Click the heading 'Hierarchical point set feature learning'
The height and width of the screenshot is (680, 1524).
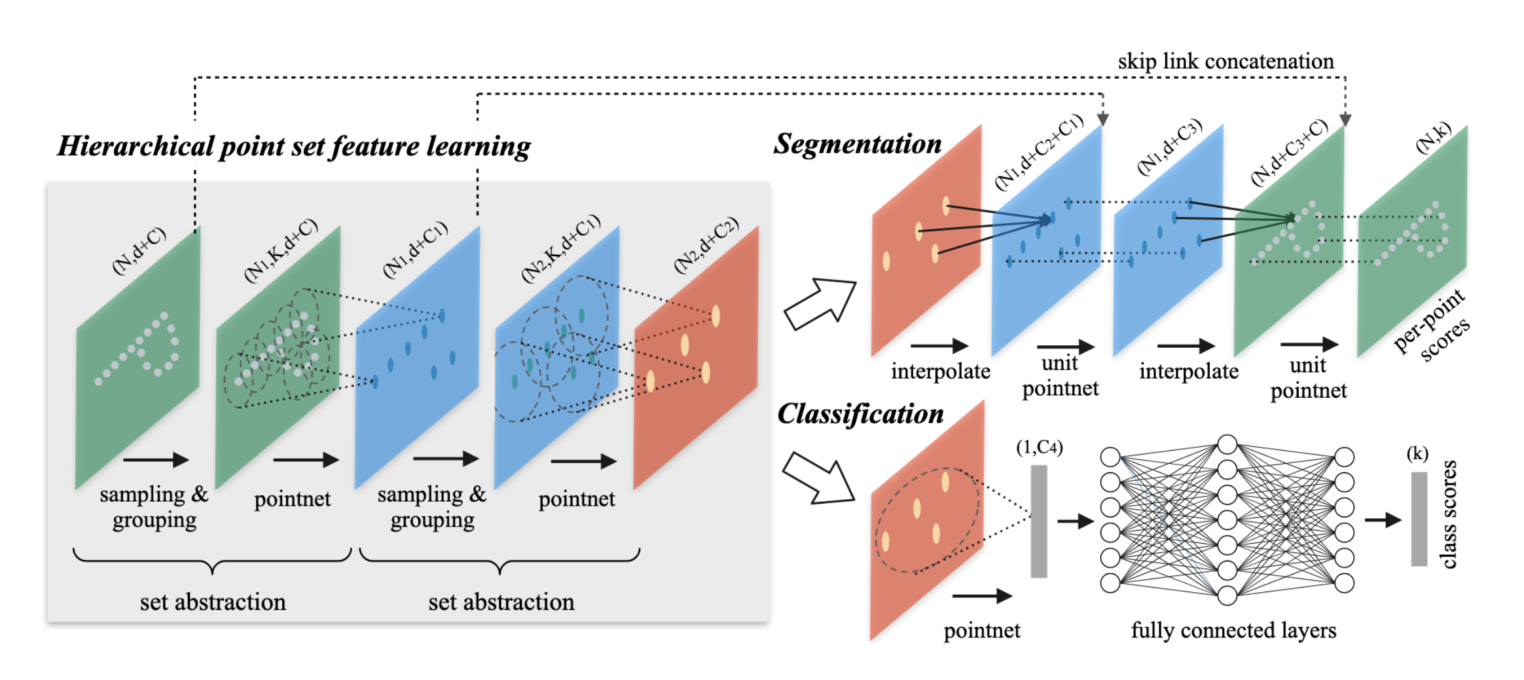[294, 146]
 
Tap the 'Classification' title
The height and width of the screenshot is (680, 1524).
[860, 414]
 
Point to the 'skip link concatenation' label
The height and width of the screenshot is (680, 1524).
[1225, 62]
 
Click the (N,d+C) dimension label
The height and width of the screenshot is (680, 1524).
[139, 251]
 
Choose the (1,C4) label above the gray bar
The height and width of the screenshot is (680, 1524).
[1039, 447]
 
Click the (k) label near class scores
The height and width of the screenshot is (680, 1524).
[1417, 453]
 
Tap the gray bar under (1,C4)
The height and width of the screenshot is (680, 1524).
[1039, 521]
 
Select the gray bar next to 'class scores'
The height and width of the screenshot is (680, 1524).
[1419, 519]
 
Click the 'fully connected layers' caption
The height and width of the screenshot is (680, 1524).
[1233, 630]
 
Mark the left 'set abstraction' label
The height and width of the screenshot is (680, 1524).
[213, 602]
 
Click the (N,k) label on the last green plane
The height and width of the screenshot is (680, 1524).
[1433, 139]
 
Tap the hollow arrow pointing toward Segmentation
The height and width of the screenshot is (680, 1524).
[820, 303]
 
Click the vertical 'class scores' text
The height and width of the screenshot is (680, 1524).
[1449, 514]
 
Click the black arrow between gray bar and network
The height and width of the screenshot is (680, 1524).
[1075, 521]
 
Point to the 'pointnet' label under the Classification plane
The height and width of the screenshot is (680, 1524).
[981, 631]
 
